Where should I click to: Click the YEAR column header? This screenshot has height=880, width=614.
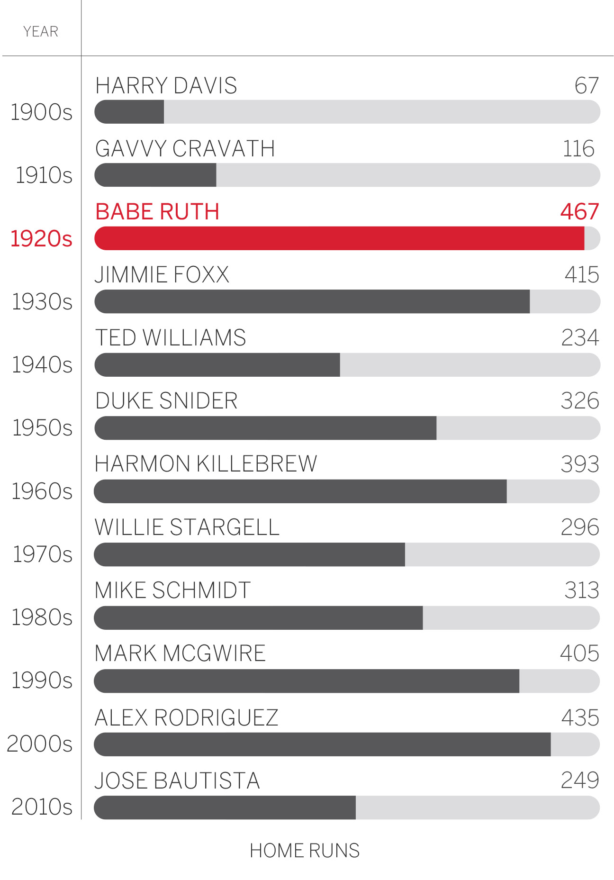click(41, 32)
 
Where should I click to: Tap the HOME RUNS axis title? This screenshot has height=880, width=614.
click(305, 851)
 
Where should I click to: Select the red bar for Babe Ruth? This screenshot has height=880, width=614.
click(339, 238)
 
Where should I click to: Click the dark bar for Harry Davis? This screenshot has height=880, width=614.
click(129, 112)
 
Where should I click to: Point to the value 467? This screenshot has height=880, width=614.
click(580, 211)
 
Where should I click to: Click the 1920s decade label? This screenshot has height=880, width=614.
click(41, 238)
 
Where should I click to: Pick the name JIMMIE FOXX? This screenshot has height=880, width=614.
click(162, 275)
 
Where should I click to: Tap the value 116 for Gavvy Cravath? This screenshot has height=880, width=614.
click(578, 148)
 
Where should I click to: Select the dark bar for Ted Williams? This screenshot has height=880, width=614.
click(217, 365)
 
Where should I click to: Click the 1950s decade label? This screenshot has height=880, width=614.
click(42, 428)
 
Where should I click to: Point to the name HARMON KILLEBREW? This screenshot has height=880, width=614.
click(206, 464)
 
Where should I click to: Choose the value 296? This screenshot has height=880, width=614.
click(580, 527)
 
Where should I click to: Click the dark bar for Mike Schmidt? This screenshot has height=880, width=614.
click(258, 618)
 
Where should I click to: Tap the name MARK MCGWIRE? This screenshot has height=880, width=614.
click(180, 653)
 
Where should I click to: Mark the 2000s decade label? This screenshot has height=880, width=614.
click(40, 744)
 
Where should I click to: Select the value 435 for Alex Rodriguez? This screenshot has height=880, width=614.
click(580, 717)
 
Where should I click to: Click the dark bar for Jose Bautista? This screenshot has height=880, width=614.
click(225, 807)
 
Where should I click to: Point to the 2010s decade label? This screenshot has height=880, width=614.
click(42, 807)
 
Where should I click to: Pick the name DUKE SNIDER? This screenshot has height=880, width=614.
click(166, 401)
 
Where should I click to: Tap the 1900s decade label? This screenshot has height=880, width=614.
click(42, 112)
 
